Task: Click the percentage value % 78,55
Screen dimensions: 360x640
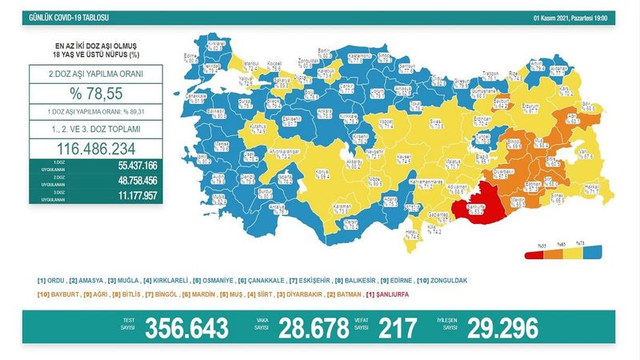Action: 94,94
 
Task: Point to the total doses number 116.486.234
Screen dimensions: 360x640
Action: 94,148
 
